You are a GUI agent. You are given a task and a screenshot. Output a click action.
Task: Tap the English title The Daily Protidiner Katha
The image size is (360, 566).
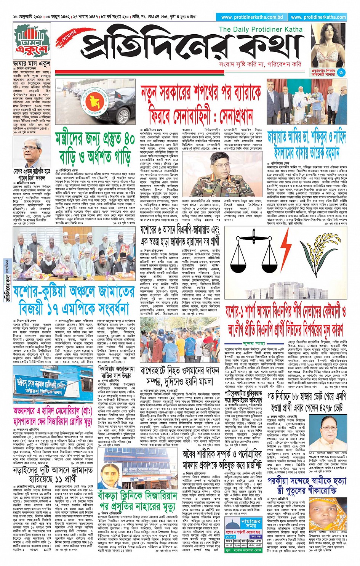pyautogui.click(x=261, y=29)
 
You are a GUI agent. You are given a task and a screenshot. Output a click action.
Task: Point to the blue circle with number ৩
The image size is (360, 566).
pyautogui.click(x=341, y=73)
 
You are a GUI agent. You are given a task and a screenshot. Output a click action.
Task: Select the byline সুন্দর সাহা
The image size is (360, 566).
pyautogui.click(x=254, y=343)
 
